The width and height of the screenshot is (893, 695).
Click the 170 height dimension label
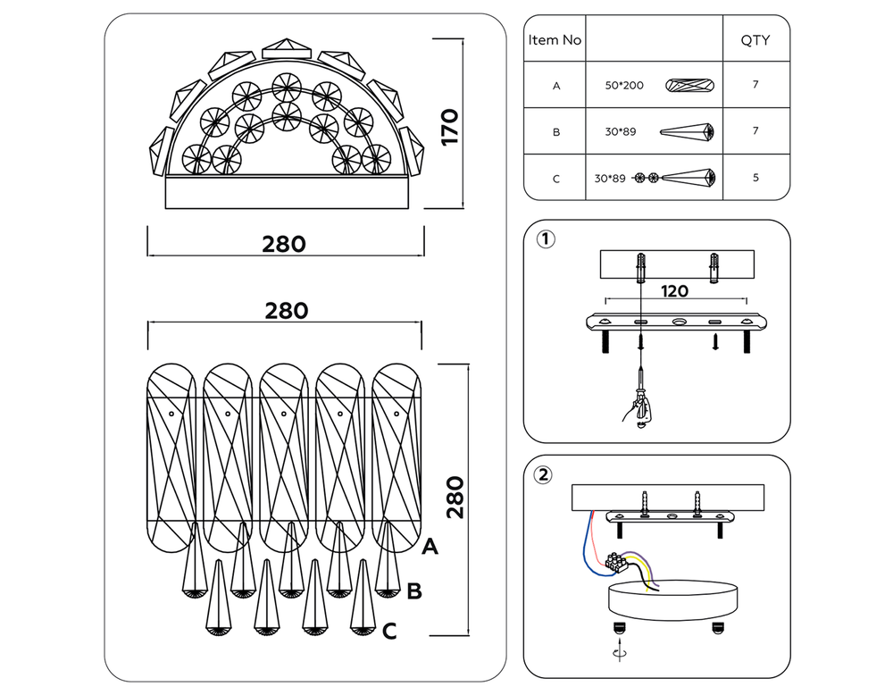pos(450,127)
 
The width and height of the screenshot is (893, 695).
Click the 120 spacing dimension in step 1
pos(676,290)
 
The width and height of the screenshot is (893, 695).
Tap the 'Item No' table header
pos(555,40)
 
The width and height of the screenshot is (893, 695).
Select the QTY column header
pos(755,40)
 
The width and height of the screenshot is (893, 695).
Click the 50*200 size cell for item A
pos(623,86)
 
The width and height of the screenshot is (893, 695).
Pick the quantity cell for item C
pos(755,178)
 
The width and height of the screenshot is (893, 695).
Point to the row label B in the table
pos(555,132)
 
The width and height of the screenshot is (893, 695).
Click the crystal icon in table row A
pos(691,86)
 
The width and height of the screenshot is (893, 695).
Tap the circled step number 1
pos(545,239)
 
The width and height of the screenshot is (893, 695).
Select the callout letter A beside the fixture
pos(430,547)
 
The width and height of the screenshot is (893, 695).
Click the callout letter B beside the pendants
pos(413,590)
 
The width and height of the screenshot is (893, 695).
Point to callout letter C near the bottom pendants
pos(389,632)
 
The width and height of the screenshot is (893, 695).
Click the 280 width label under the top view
pos(284,244)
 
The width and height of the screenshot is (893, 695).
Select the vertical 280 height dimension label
pos(455,497)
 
